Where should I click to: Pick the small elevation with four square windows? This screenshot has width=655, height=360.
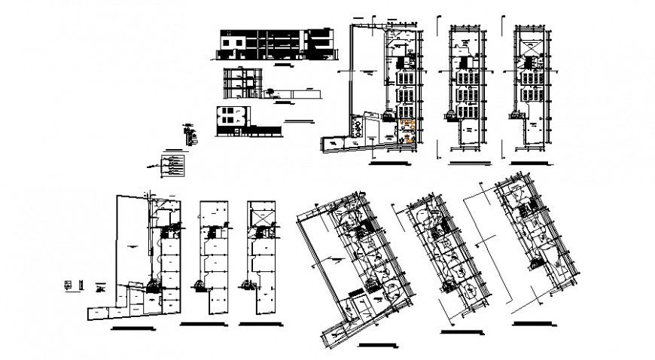(230, 117)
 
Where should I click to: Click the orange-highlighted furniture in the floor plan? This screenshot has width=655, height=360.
(407, 130)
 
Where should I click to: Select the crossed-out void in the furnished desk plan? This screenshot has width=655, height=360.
(532, 47)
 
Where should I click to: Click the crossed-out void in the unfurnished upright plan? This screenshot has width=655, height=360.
(260, 216)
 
